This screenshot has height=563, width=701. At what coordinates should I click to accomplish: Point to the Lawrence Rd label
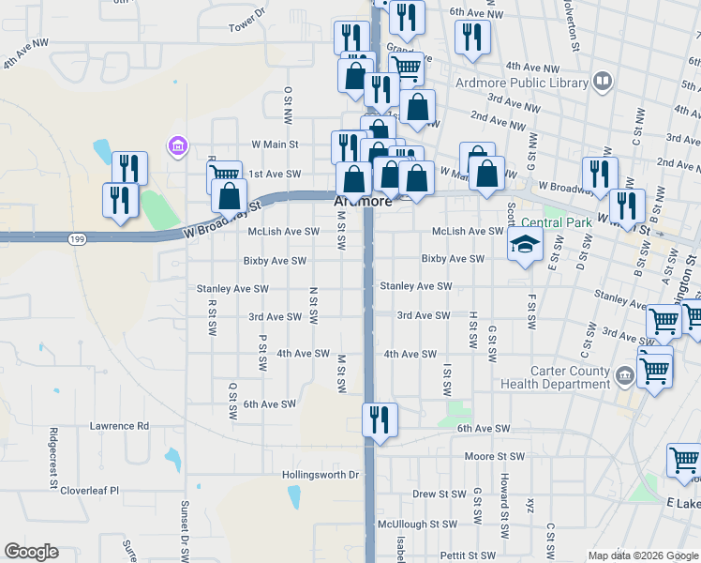pyautogui.click(x=119, y=425)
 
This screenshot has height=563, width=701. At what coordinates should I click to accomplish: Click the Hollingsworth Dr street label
pyautogui.click(x=321, y=475)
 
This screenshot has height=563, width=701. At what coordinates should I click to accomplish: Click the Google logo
pyautogui.click(x=31, y=553)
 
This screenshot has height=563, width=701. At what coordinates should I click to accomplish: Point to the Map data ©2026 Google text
pyautogui.click(x=642, y=555)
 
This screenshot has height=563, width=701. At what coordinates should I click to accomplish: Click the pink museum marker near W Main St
pyautogui.click(x=177, y=145)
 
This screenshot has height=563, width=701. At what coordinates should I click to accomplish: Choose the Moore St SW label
pyautogui.click(x=496, y=456)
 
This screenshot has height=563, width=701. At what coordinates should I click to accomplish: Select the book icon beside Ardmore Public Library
pyautogui.click(x=603, y=83)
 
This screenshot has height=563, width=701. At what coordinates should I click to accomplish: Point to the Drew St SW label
pyautogui.click(x=439, y=494)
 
